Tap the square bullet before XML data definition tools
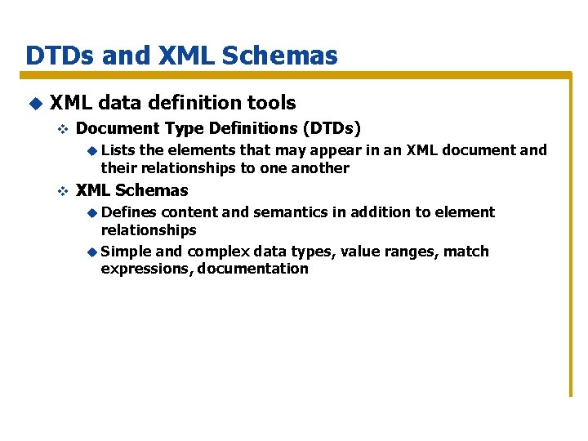(x=34, y=103)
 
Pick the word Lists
(x=119, y=150)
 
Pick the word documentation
(x=253, y=269)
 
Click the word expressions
(x=145, y=269)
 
